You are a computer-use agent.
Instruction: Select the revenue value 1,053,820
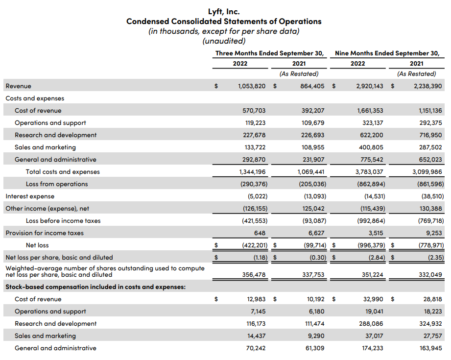[252, 86]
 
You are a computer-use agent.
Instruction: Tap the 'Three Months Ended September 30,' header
[270, 53]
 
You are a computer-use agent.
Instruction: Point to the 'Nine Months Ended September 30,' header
[387, 53]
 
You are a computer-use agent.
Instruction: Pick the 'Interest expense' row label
[30, 196]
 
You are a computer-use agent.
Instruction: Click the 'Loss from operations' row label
[57, 184]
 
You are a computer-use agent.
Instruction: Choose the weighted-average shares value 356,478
[255, 275]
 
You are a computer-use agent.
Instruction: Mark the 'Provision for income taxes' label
[45, 233]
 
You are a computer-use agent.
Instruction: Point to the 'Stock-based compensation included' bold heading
[95, 287]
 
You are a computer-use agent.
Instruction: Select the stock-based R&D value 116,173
[255, 324]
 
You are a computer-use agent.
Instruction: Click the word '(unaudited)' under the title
[224, 41]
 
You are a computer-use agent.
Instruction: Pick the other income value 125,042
[313, 209]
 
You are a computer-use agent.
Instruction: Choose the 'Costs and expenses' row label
[35, 98]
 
